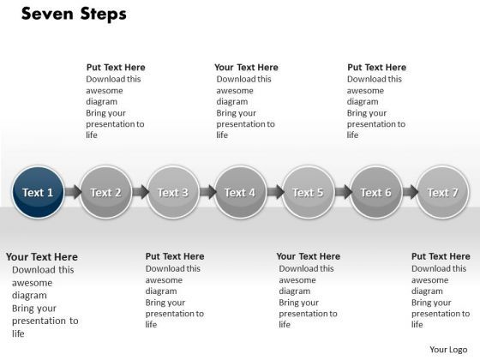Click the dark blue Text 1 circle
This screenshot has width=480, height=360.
click(x=39, y=192)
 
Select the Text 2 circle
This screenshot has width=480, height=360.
click(x=105, y=192)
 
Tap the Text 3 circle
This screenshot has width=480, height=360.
click(x=173, y=192)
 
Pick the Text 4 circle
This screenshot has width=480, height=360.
click(x=240, y=192)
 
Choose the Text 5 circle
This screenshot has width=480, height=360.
click(x=308, y=192)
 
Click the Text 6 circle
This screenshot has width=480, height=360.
click(x=375, y=192)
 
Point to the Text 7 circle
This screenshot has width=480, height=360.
click(x=442, y=192)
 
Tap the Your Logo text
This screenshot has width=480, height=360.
click(x=448, y=349)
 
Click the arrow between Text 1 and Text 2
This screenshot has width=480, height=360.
click(x=72, y=193)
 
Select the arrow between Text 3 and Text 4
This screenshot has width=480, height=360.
click(x=207, y=193)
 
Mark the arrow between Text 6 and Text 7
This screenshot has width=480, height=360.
click(x=409, y=193)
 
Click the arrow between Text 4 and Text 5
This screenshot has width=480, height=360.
click(x=274, y=193)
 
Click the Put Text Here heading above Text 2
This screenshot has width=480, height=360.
click(x=116, y=68)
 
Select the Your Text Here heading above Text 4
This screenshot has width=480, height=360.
click(x=246, y=68)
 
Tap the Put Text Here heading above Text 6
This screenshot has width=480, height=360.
click(x=376, y=68)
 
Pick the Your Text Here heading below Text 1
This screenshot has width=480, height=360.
click(x=42, y=256)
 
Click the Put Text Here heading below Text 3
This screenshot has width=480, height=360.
click(x=175, y=256)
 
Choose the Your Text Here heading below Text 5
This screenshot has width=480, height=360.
click(x=309, y=256)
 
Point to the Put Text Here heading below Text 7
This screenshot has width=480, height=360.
click(x=441, y=256)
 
